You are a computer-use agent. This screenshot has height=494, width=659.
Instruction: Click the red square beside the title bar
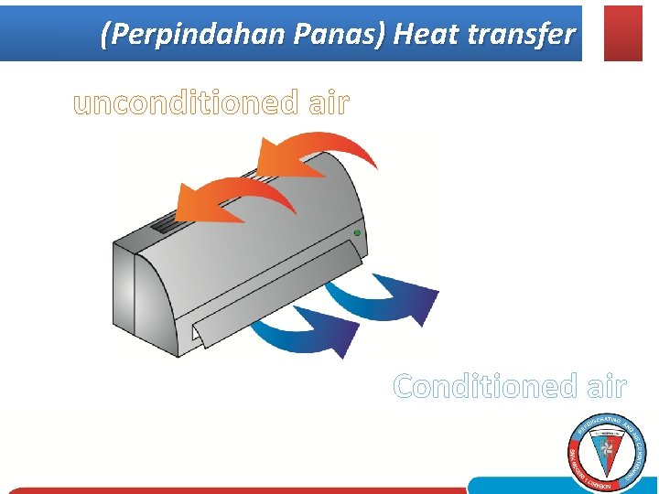(x=623, y=33)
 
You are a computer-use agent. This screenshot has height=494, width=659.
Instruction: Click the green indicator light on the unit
(x=357, y=234)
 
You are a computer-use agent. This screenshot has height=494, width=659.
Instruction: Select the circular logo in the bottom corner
(x=606, y=452)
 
